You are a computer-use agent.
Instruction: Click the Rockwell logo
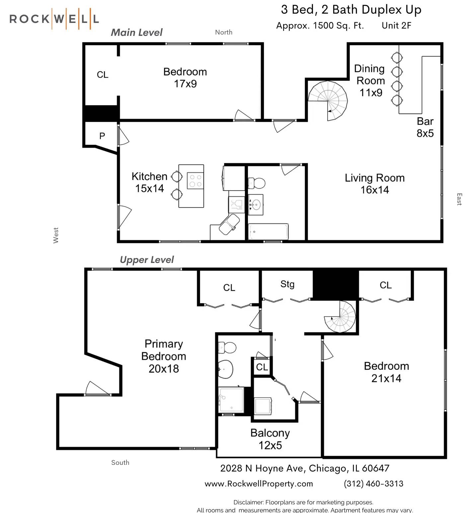54,19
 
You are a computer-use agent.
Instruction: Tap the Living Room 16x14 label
375,184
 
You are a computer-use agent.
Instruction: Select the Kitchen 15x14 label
149,182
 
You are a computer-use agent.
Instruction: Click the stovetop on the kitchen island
195,180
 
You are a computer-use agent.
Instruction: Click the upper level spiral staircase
340,317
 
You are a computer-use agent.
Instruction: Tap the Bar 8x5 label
425,127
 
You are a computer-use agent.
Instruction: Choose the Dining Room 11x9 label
370,81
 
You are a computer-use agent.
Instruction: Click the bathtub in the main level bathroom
268,231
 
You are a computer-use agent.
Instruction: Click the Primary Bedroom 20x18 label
164,356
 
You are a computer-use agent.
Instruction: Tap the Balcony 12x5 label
270,439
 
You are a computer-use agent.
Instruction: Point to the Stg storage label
287,284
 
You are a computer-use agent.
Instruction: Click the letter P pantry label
102,136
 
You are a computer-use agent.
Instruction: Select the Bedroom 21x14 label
386,372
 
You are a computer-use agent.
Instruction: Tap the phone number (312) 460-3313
374,484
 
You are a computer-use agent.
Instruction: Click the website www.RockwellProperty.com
259,484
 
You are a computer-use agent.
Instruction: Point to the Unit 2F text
397,26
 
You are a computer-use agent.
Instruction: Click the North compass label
224,32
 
